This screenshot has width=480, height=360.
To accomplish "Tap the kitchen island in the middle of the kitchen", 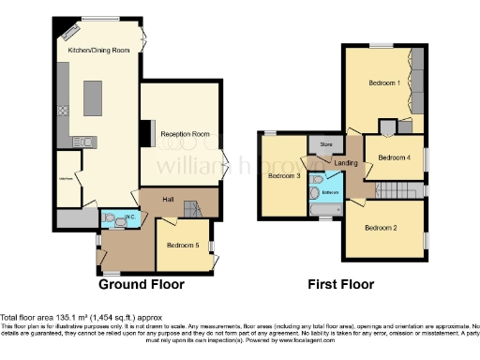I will point(92,97).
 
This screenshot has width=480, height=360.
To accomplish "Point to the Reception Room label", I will point(182,134).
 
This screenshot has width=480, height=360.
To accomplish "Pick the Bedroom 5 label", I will point(182,245).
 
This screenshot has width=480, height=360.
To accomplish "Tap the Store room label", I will point(326,145).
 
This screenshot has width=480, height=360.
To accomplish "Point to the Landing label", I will point(346,164).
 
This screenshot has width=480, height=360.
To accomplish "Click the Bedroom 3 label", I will point(284,175).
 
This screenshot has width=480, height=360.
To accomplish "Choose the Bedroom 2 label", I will point(381,228).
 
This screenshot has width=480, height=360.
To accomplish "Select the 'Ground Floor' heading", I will point(142,284).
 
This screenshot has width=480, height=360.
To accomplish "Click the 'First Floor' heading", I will point(343,284).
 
